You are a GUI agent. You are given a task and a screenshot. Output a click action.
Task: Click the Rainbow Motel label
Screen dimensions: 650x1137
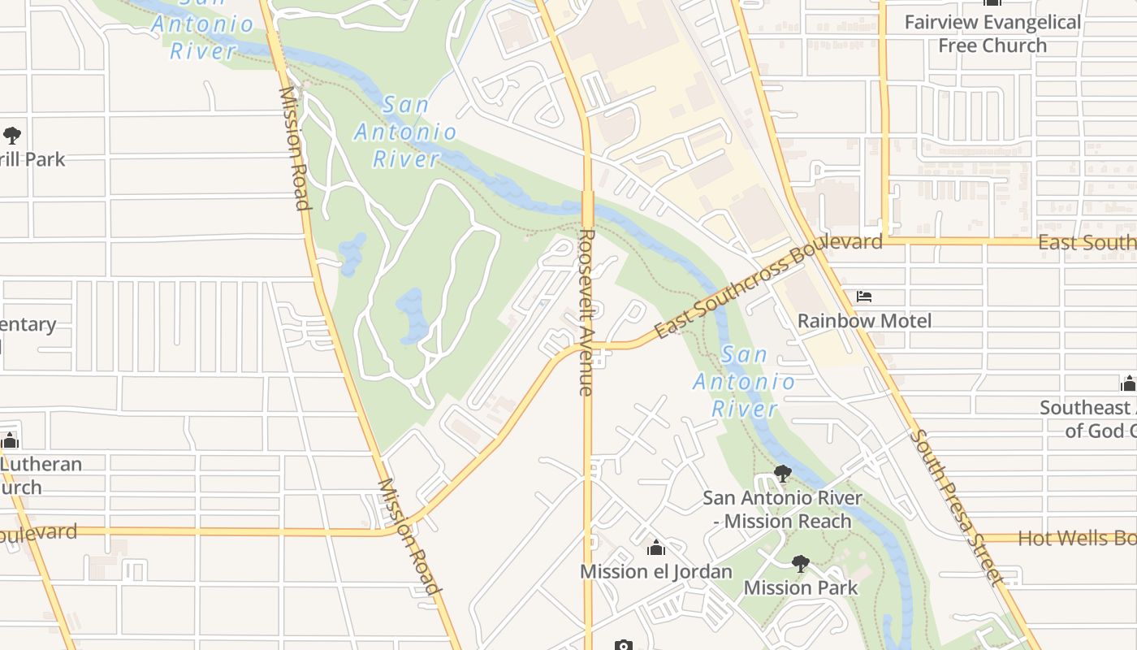pos(864,321)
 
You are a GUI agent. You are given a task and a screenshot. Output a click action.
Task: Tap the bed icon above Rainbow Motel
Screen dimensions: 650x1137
pos(864,297)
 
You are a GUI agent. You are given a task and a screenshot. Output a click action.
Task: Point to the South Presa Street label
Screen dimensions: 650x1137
pos(958,507)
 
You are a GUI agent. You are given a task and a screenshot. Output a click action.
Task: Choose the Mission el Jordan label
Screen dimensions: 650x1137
pos(655,571)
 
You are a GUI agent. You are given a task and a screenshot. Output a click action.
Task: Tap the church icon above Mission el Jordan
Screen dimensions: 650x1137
pos(656,548)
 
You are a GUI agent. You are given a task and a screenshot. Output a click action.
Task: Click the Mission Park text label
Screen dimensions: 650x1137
pos(800,587)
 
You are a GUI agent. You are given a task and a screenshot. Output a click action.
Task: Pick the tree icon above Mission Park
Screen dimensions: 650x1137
pos(801,564)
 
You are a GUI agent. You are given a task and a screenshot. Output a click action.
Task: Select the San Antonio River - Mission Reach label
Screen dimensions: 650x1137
pos(782,509)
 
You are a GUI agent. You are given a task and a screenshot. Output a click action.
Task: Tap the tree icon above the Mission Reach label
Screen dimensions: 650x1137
pos(783,473)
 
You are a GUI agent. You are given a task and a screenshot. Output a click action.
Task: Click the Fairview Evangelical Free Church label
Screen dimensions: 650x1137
pos(992,34)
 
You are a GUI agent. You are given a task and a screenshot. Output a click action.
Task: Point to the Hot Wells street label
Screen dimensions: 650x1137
pos(1076,538)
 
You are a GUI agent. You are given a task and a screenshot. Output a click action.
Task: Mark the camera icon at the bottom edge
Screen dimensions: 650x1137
pos(623,645)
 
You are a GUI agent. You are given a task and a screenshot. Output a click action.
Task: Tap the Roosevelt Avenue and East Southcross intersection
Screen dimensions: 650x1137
pos(589,347)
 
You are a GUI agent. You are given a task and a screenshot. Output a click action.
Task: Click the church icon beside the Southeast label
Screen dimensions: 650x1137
pos(1127,383)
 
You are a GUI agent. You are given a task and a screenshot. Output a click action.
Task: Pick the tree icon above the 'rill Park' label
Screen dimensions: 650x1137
pos(11,135)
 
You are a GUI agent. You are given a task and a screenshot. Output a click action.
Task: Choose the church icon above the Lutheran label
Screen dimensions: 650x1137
pos(10,441)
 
